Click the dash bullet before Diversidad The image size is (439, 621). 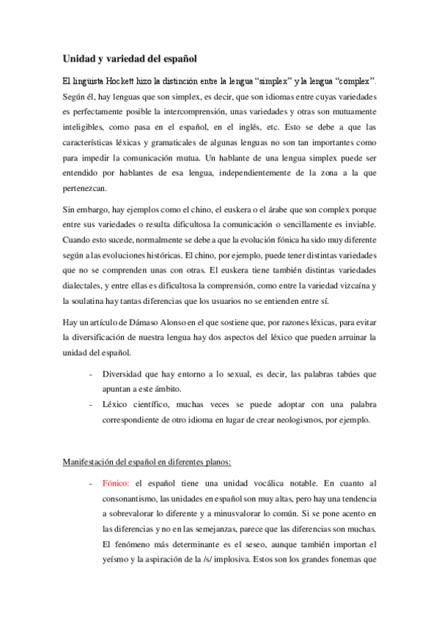(x=89, y=373)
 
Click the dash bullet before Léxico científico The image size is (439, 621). (x=89, y=405)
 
